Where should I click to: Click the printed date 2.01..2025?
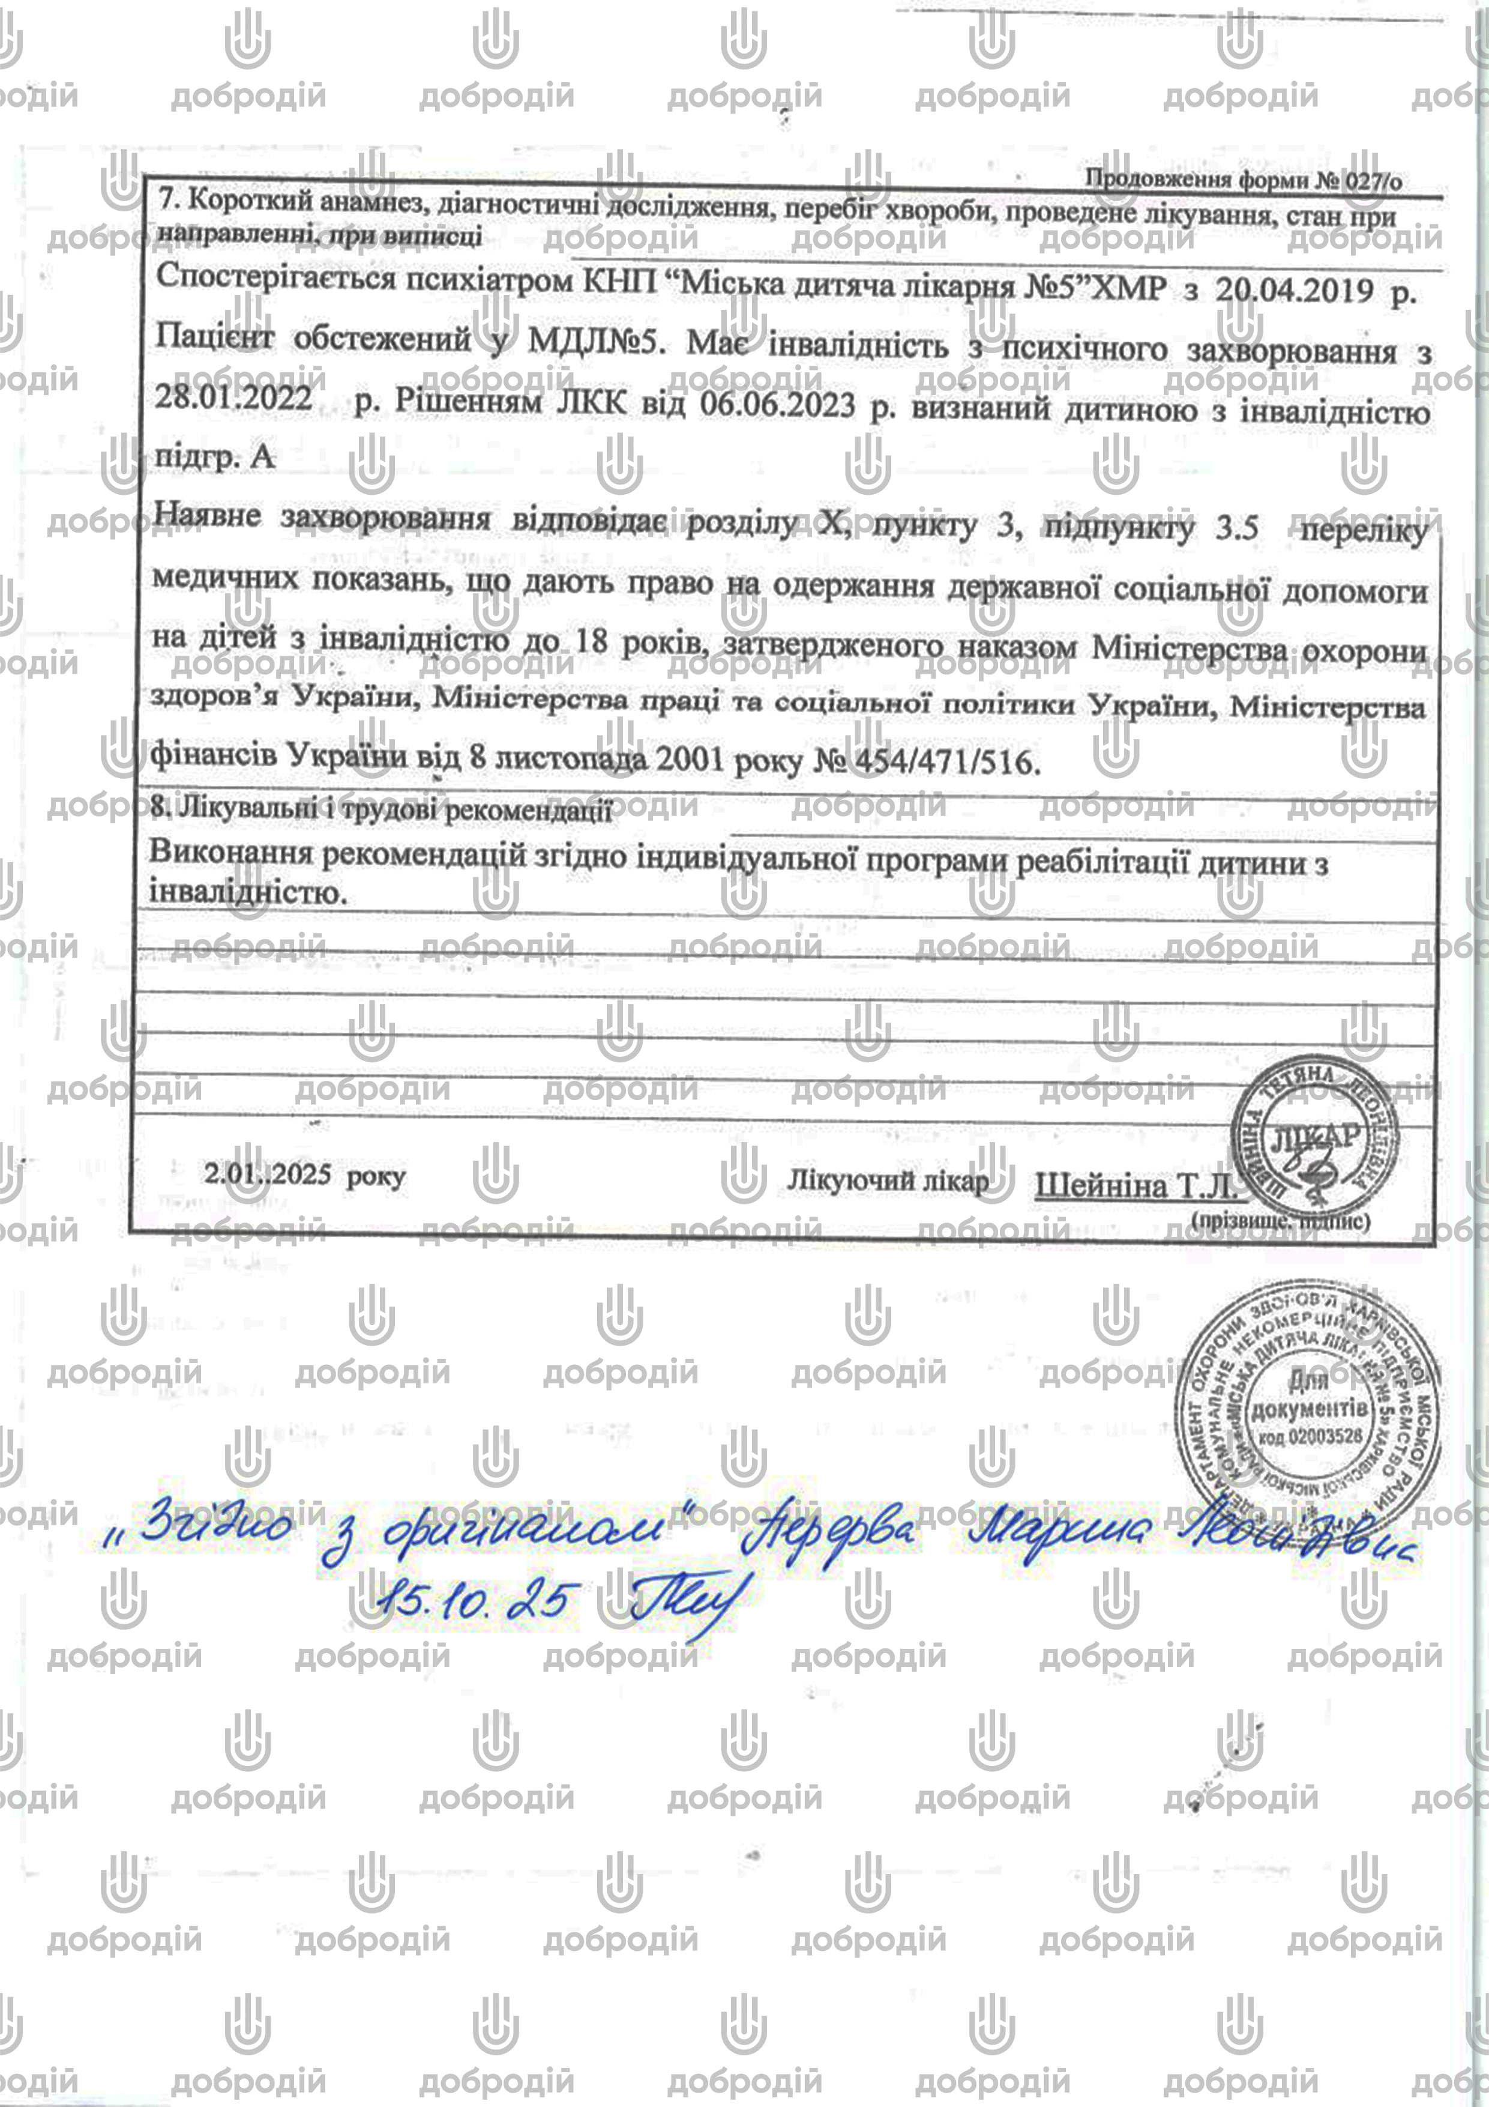(x=268, y=1174)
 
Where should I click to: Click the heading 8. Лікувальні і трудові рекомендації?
(x=380, y=808)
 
